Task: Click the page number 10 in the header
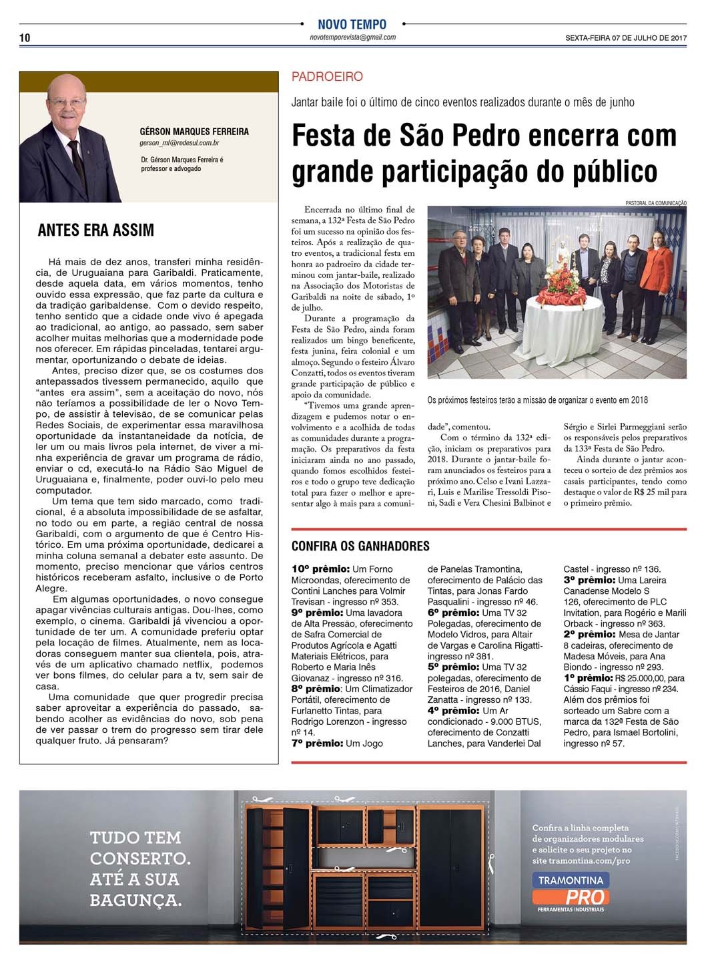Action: pos(25,37)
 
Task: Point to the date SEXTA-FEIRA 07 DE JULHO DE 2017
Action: pos(625,38)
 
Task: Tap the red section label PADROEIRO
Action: pos(327,77)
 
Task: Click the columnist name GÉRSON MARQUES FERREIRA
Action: pos(194,132)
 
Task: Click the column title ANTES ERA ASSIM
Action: pos(96,230)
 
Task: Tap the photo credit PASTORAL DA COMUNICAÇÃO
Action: pos(656,202)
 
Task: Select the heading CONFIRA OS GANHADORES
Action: pos(360,546)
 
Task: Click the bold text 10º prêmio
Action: pos(320,569)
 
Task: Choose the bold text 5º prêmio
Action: pos(454,667)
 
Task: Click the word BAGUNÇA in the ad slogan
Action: pos(135,899)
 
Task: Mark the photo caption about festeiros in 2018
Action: pos(538,400)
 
